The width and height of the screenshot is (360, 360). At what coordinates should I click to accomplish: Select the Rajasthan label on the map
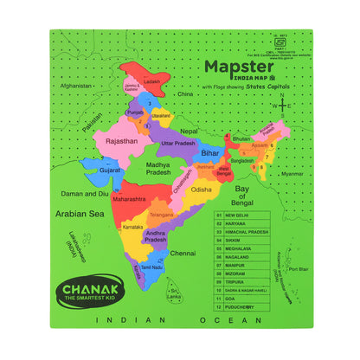121,139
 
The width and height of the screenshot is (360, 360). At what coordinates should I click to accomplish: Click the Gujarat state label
109,170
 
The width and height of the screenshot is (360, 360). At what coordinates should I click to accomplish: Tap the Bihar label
209,152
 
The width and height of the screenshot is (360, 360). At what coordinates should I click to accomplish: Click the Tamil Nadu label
152,267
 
